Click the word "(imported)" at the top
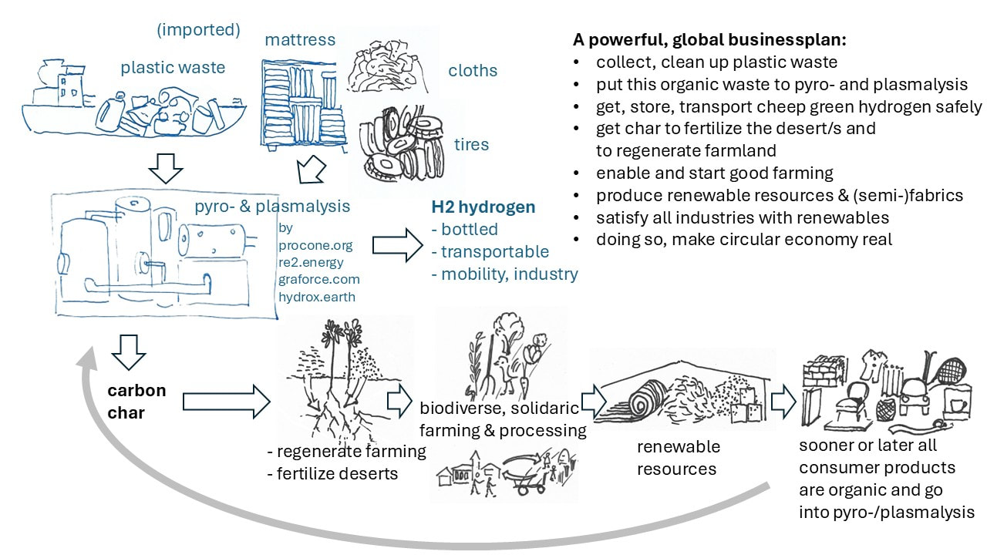pyautogui.click(x=198, y=31)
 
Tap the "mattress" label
pyautogui.click(x=300, y=39)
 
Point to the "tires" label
pyautogui.click(x=471, y=144)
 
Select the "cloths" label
pyautogui.click(x=473, y=71)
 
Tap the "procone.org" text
pyautogui.click(x=315, y=245)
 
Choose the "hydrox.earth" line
pyautogui.click(x=317, y=296)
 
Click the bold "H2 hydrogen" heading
pyautogui.click(x=483, y=207)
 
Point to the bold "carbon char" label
pyautogui.click(x=136, y=401)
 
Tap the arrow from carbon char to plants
pyautogui.click(x=226, y=401)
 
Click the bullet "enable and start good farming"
pyautogui.click(x=714, y=173)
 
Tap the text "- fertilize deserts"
pyautogui.click(x=332, y=473)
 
